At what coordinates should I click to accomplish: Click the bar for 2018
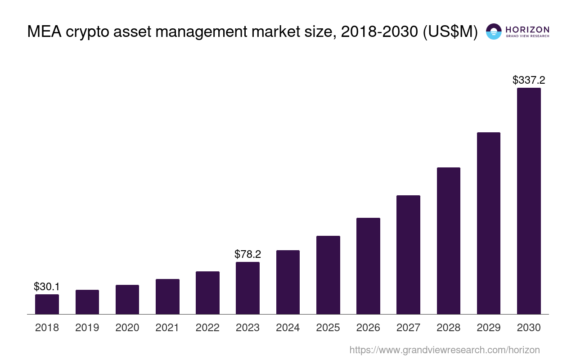tap(47, 304)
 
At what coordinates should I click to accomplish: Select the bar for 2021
tap(167, 297)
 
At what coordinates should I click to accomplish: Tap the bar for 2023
tap(247, 288)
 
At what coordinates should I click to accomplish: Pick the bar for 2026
tap(368, 266)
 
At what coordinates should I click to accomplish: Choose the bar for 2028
tap(448, 241)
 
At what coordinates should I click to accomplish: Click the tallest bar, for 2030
tap(529, 201)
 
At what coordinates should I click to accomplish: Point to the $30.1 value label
tap(47, 287)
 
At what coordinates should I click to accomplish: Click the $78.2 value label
tap(247, 254)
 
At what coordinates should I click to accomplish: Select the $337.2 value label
tap(529, 80)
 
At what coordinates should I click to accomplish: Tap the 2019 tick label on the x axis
tap(87, 328)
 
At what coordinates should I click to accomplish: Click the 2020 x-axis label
tap(127, 328)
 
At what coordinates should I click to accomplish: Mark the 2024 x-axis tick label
tap(288, 328)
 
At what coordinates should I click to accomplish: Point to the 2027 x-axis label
tap(408, 328)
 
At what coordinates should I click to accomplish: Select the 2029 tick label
tap(489, 328)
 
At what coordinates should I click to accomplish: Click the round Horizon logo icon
tap(494, 31)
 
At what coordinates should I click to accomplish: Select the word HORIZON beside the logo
tap(527, 29)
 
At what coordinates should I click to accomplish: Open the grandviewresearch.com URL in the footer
tap(444, 350)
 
